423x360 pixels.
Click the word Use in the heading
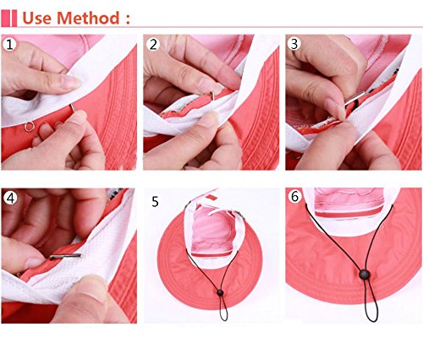coord(37,18)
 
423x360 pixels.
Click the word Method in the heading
coord(88,18)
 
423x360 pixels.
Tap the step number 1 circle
coord(10,45)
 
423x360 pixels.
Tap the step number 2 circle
coord(153,45)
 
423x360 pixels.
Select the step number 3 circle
coord(294,44)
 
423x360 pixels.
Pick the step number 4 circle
coord(10,198)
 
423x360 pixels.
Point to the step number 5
coord(155,202)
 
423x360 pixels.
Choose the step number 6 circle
coord(294,196)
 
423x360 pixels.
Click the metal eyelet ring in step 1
coord(29,126)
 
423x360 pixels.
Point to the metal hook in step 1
coord(73,107)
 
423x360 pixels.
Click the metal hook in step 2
coord(211,95)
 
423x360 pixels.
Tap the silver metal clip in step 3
coord(354,98)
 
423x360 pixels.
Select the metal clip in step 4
coord(66,256)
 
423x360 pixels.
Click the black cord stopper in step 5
coord(220,293)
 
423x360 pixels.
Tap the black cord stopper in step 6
coord(365,275)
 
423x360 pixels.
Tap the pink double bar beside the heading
coord(9,19)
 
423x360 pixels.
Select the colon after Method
coord(128,19)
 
